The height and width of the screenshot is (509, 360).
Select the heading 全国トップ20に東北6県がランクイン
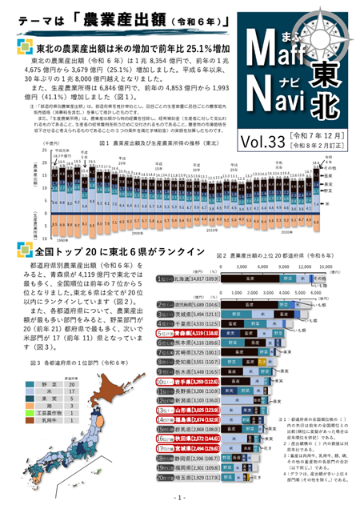[x=112, y=251]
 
